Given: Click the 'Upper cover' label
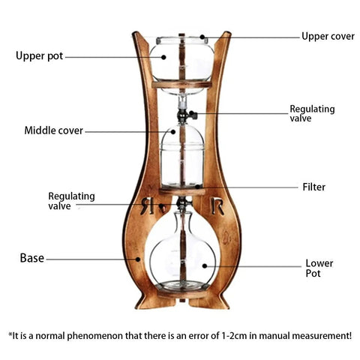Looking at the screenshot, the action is click(x=328, y=37).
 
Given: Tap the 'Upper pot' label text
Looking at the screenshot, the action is click(x=39, y=55).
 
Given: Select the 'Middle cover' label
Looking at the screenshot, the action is click(x=53, y=130).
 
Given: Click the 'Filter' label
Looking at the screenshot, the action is click(x=314, y=187).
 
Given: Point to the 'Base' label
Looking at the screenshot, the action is click(x=32, y=258).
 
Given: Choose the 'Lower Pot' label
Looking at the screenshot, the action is click(x=319, y=268).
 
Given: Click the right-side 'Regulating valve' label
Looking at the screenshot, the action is click(x=312, y=113).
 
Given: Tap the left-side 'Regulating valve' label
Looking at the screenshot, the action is click(x=71, y=201).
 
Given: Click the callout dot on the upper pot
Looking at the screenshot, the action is click(x=163, y=57).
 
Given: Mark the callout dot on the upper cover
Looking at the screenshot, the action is click(x=202, y=37).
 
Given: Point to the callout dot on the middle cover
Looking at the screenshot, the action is click(x=173, y=132).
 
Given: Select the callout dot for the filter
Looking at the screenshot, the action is click(x=197, y=187).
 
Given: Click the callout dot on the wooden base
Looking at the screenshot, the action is click(x=138, y=259).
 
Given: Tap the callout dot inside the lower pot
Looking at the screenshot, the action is click(x=205, y=266).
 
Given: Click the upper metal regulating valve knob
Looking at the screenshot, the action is click(x=193, y=115).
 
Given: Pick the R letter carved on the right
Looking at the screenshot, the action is click(x=217, y=206).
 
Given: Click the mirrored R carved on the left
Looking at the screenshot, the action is click(x=147, y=205).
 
